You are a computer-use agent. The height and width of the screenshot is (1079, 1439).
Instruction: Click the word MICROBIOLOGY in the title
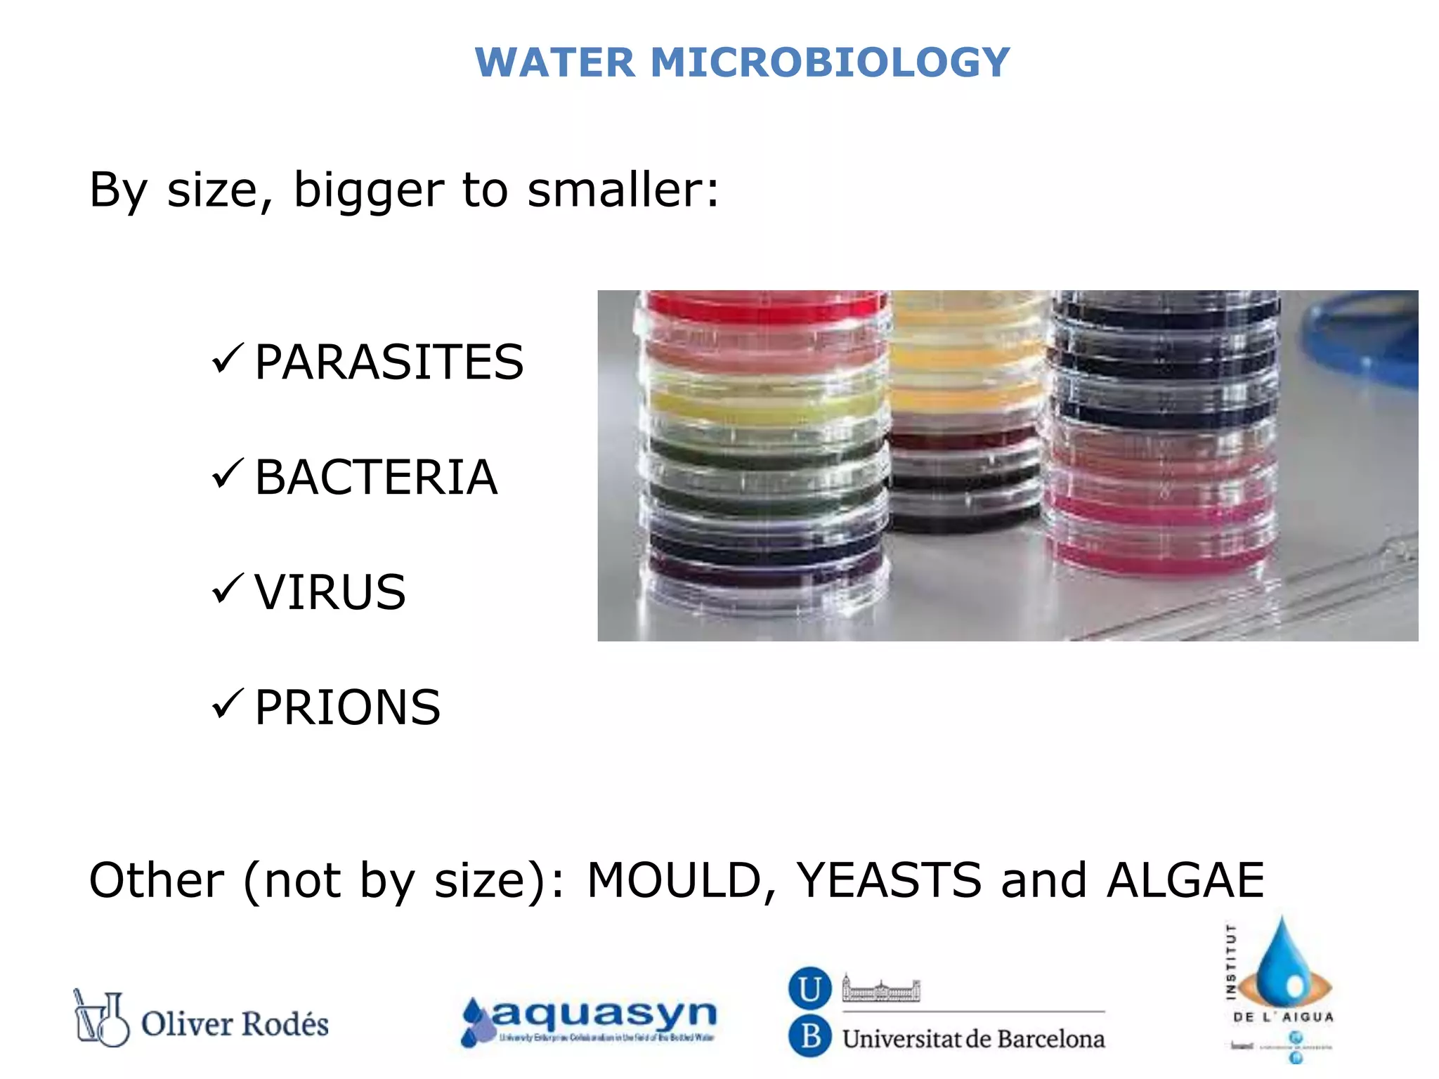(x=830, y=63)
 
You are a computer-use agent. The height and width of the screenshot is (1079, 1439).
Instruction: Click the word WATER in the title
(x=555, y=63)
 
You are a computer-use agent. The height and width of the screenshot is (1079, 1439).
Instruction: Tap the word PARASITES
(x=389, y=362)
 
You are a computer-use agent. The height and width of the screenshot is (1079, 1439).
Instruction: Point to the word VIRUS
(x=330, y=592)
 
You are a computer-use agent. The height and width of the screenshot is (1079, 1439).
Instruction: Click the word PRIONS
(x=347, y=707)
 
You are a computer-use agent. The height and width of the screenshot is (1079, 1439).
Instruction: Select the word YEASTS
(x=888, y=880)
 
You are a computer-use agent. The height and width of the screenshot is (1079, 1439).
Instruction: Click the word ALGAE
(x=1185, y=880)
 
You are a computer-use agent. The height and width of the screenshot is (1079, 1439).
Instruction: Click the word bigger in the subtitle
(x=368, y=191)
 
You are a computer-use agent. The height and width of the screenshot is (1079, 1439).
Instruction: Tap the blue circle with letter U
(x=810, y=989)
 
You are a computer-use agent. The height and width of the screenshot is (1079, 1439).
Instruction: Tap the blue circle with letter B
(x=810, y=1036)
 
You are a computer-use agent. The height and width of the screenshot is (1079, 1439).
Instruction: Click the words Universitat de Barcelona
(x=973, y=1039)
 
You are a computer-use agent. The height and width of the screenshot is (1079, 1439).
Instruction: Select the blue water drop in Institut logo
(x=1282, y=966)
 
